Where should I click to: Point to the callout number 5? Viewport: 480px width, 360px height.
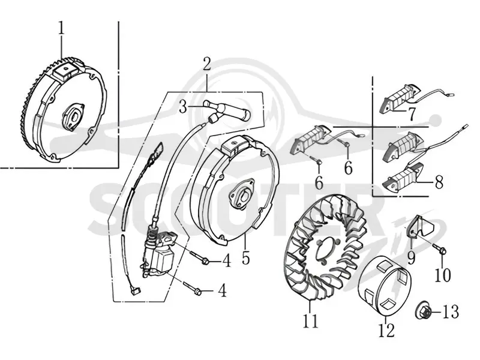click(245, 257)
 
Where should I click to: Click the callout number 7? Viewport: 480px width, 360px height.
click(412, 114)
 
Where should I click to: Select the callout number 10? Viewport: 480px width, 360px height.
click(443, 275)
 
